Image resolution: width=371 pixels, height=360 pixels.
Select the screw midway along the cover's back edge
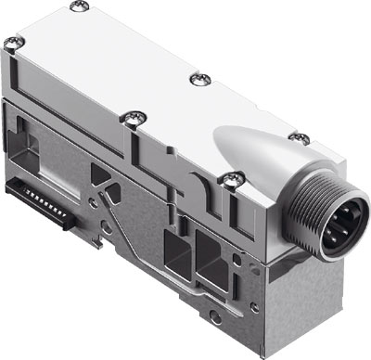[x=197, y=80]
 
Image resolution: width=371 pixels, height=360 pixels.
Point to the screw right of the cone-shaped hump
[x=299, y=137]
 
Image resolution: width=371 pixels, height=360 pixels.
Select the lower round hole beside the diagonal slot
[x=107, y=225]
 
